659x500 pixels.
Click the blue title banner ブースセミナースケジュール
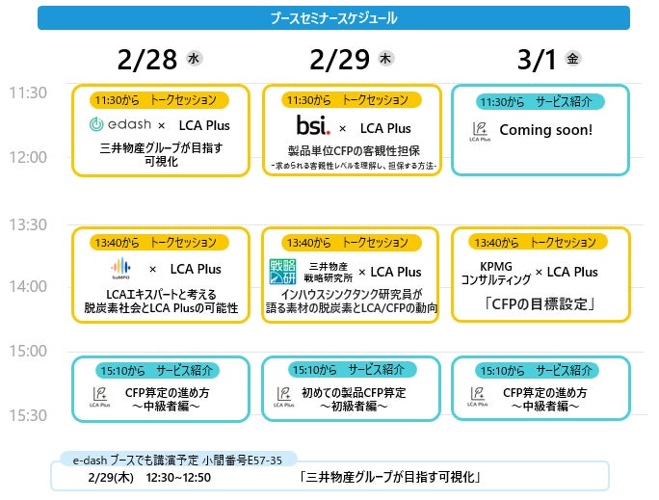[x=333, y=17]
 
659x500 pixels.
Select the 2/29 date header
[x=340, y=60]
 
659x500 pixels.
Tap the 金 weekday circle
[x=574, y=60]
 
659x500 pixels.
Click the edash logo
[x=119, y=125]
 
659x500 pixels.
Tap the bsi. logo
[x=312, y=126]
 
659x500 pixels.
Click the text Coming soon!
[x=545, y=130]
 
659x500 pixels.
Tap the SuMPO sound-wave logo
[x=121, y=269]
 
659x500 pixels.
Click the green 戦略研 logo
[x=283, y=272]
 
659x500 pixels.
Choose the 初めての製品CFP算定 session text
[x=354, y=393]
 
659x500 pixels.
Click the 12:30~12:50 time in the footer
[x=178, y=477]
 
